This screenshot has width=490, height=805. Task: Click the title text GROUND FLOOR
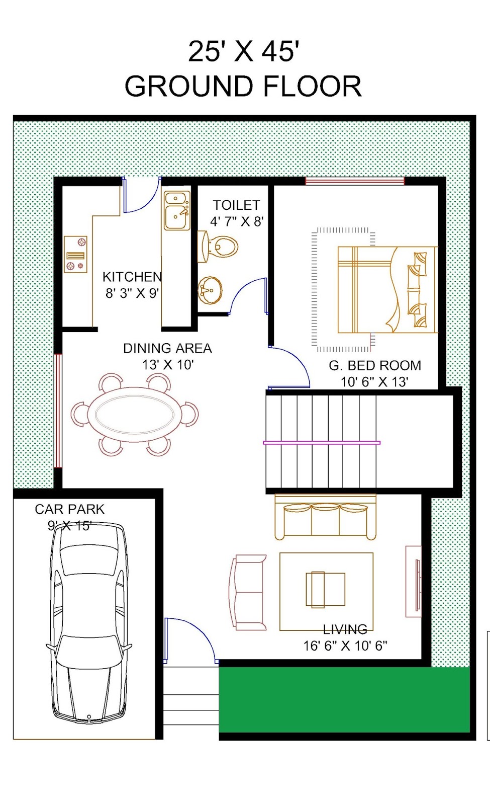[x=243, y=87]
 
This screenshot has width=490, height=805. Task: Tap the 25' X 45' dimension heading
[x=244, y=51]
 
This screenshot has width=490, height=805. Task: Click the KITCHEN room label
[x=132, y=277]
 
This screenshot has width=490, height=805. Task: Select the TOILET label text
[x=236, y=205]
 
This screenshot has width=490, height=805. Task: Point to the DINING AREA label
[x=167, y=348]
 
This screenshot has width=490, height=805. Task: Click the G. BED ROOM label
[x=375, y=366]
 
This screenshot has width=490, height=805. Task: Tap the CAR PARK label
[x=69, y=509]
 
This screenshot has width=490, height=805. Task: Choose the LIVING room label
[x=345, y=629]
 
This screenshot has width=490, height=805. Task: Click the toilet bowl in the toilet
[x=221, y=247]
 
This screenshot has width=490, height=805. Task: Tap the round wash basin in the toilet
[x=210, y=290]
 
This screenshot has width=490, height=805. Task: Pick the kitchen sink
[x=176, y=211]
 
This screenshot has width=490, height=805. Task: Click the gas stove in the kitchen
[x=75, y=255]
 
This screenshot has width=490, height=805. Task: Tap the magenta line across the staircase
[x=322, y=443]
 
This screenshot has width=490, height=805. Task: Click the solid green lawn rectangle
[x=344, y=699]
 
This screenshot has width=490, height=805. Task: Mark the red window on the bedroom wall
[x=355, y=181]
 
